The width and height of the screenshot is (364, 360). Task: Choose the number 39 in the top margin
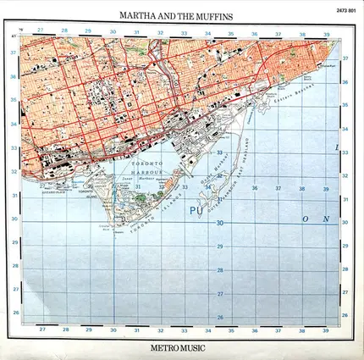(x=327, y=36)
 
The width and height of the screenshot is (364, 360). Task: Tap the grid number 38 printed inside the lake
(x=302, y=188)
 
